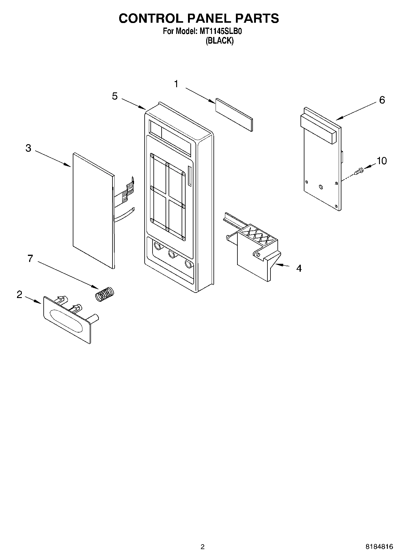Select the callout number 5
(x=115, y=96)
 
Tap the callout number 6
(x=382, y=100)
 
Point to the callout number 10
(x=382, y=161)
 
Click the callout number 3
(x=28, y=148)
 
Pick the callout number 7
(x=30, y=258)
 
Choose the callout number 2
(x=19, y=294)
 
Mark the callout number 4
(x=299, y=268)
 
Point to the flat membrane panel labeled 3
(x=92, y=209)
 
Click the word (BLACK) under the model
(x=220, y=41)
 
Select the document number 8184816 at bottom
(x=379, y=547)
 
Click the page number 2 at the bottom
(x=203, y=547)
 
